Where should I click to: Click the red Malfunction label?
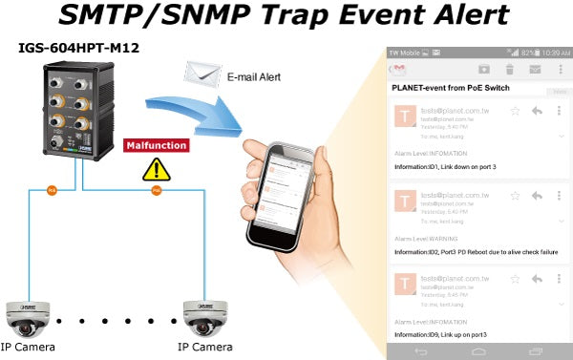coord(156,145)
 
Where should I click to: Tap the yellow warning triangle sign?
coord(152,170)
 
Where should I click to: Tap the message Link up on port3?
coord(441,335)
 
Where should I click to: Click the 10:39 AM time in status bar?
coord(553,52)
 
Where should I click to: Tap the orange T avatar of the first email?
coord(406,115)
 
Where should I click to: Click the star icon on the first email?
coord(515,111)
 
